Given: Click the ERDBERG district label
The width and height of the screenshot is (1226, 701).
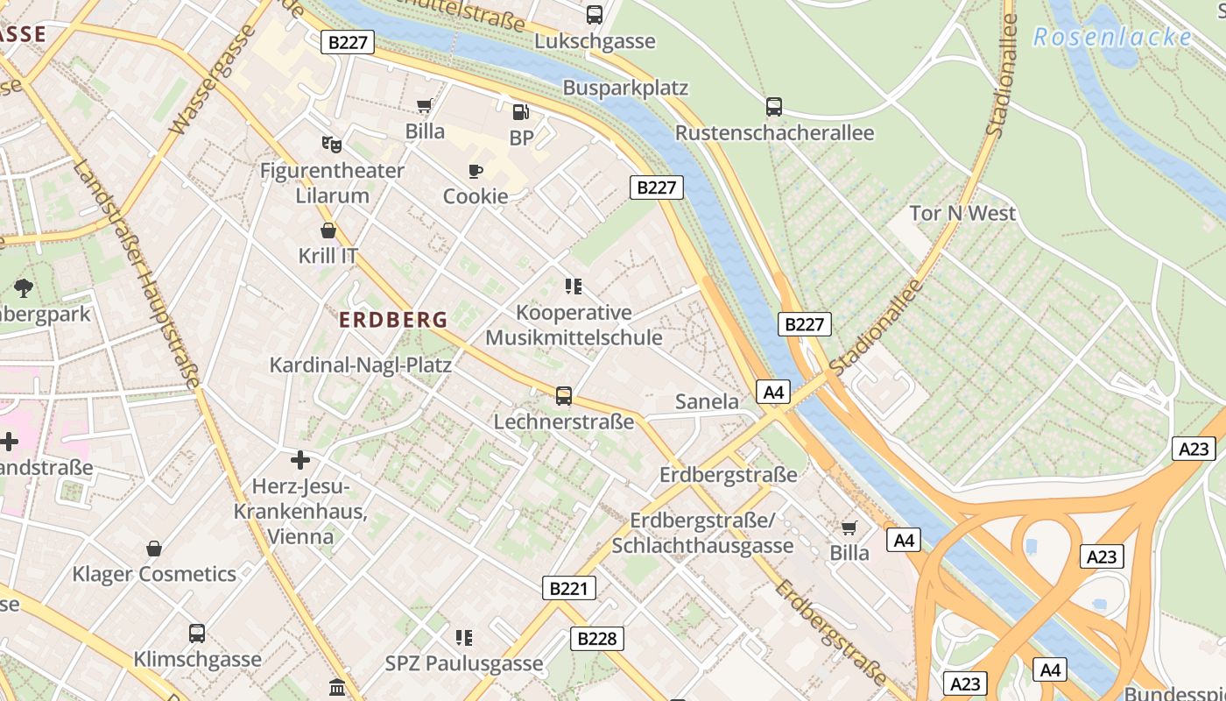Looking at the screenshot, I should [x=393, y=320].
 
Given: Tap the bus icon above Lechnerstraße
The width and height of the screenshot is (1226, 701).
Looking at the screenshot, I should [x=564, y=396].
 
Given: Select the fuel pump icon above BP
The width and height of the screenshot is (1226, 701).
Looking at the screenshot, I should [x=520, y=111].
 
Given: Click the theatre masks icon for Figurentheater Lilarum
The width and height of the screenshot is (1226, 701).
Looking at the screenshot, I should [x=331, y=144].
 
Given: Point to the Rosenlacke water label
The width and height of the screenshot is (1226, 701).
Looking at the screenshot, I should [x=1112, y=37].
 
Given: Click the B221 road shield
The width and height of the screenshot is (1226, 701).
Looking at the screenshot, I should [x=568, y=588].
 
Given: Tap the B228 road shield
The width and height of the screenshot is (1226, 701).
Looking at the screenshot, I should [x=597, y=639].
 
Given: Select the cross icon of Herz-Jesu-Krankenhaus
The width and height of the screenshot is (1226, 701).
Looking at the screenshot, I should [x=300, y=459].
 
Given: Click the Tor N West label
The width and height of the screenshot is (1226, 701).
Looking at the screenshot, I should [x=962, y=213].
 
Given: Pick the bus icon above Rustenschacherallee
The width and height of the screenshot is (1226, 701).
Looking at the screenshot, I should [x=774, y=107].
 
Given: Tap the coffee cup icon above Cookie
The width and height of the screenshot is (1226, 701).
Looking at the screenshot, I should [x=476, y=171].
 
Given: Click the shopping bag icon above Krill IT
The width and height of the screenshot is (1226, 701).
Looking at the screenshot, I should [x=328, y=230].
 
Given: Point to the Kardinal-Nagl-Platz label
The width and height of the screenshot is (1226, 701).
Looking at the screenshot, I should [x=360, y=365].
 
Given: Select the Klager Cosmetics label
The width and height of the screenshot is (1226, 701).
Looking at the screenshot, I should [x=154, y=575].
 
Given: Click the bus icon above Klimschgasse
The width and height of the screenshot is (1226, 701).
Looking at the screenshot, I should [x=197, y=633].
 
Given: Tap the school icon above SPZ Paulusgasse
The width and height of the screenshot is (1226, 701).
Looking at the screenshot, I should [x=464, y=637].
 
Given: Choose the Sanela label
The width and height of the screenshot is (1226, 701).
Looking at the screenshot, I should [x=707, y=402].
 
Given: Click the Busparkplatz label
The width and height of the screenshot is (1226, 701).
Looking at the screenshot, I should [x=625, y=88].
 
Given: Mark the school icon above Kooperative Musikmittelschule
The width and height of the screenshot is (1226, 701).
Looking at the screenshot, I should [x=574, y=286].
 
